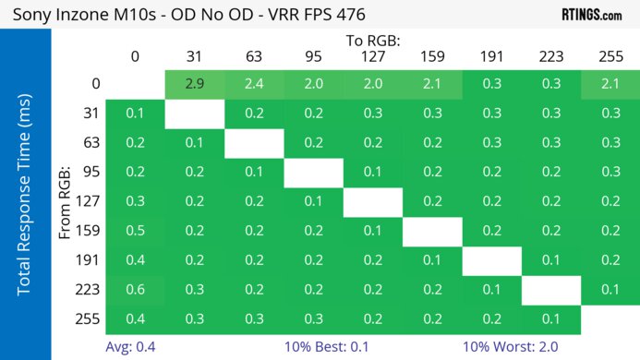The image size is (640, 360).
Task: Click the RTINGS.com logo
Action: [x=591, y=14]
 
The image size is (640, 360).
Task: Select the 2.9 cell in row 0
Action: [x=194, y=84]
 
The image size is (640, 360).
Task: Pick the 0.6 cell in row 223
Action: [x=135, y=290]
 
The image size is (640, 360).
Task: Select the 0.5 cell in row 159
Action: [x=135, y=231]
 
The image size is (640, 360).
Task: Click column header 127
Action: [x=372, y=57]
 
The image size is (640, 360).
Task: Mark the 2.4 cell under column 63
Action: [x=254, y=84]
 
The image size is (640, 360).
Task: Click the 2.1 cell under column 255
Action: [x=610, y=84]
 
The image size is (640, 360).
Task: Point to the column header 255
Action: [x=610, y=57]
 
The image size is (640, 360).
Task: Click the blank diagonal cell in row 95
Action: [x=313, y=173]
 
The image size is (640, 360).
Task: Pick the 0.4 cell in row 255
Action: [x=135, y=319]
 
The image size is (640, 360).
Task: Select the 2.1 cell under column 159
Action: [x=431, y=84]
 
